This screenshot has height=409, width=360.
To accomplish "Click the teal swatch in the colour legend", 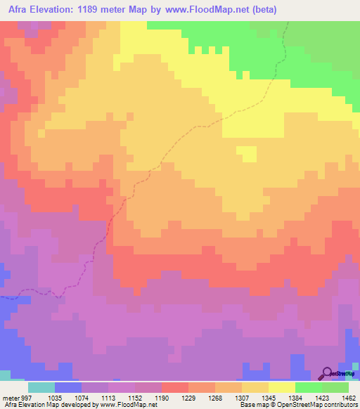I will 41,387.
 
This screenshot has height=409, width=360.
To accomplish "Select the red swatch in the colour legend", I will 175,387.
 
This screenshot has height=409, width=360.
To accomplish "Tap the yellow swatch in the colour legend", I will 282,387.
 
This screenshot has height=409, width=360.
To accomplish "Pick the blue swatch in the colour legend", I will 68,387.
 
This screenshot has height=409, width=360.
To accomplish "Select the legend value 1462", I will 349,397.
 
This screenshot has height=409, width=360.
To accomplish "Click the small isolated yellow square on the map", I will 245,152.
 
